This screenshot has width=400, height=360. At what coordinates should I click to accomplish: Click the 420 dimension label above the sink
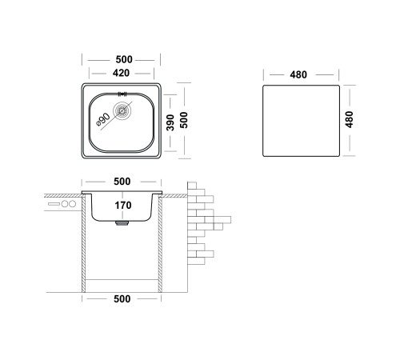[121, 73]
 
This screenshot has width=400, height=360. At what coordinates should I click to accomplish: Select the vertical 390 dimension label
[170, 122]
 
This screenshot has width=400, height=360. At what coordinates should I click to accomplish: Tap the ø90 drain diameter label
[103, 119]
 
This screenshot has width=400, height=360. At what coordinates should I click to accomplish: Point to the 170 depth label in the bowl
[123, 206]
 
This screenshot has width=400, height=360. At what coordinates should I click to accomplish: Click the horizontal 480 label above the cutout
[298, 74]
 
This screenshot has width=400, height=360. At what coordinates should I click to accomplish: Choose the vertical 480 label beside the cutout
[349, 120]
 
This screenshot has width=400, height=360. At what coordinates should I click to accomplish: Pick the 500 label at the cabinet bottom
[122, 299]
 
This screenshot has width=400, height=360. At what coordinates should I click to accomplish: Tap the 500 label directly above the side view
[122, 182]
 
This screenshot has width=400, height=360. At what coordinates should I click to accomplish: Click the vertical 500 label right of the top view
[184, 120]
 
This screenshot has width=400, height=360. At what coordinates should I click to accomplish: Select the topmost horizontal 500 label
[124, 59]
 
